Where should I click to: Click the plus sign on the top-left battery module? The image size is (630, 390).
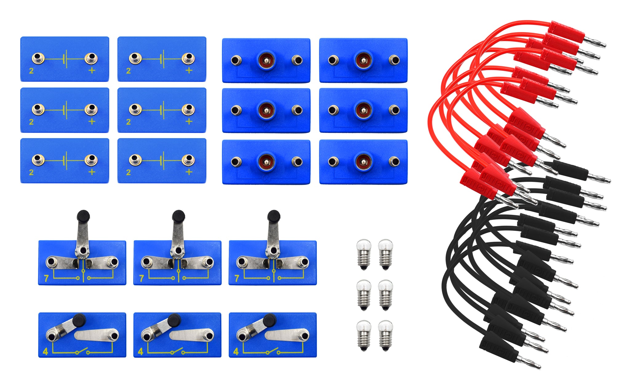pyautogui.click(x=92, y=70)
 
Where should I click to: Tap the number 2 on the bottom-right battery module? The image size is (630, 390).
pyautogui.click(x=128, y=172)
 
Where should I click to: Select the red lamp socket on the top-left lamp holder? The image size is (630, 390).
pyautogui.click(x=266, y=59)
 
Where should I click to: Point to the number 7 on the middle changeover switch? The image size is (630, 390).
pyautogui.click(x=142, y=278)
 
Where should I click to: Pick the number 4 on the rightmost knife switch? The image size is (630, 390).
pyautogui.click(x=236, y=351)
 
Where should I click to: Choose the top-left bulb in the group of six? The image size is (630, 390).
pyautogui.click(x=364, y=254)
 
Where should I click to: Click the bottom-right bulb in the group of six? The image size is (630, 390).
pyautogui.click(x=385, y=335)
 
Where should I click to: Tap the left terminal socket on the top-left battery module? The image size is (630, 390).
pyautogui.click(x=38, y=58)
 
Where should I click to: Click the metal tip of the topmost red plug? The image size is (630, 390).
pyautogui.click(x=596, y=42)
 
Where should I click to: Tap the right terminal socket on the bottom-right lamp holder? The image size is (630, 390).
pyautogui.click(x=394, y=161)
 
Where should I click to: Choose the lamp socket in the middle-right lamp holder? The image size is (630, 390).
pyautogui.click(x=363, y=110)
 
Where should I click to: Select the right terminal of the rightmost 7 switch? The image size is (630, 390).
pyautogui.click(x=304, y=262)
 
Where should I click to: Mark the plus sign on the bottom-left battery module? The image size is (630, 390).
pyautogui.click(x=92, y=172)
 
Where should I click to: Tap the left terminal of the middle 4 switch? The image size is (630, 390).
pyautogui.click(x=146, y=336)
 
